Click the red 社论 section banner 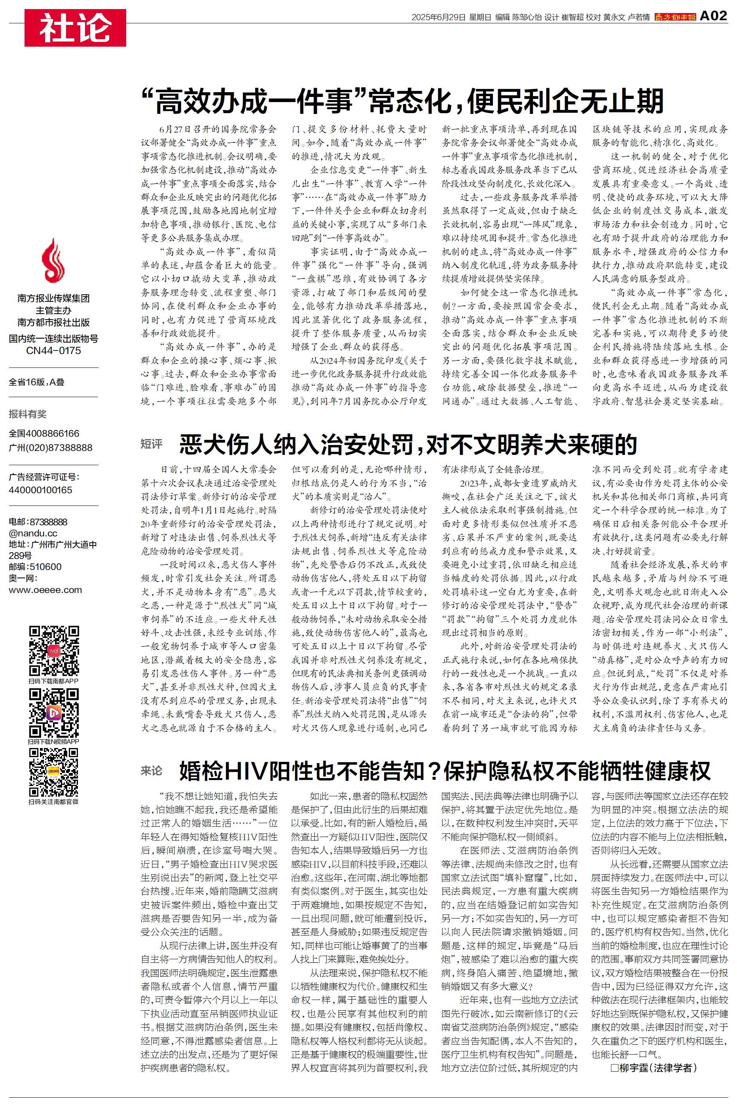75,28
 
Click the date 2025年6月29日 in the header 438,17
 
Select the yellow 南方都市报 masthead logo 675,17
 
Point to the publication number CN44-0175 53,350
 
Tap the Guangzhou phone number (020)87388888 51,448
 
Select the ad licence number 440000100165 40,490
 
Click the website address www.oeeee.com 45,590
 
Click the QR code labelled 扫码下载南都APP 53,650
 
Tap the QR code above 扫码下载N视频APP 53,712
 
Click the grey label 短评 152,444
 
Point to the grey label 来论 152,771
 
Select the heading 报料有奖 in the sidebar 28,414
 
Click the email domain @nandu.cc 33,533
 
